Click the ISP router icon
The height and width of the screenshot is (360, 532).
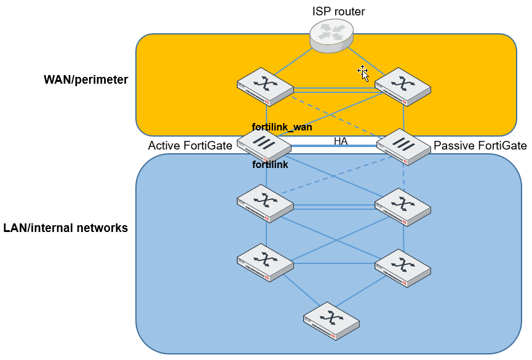coord(332,35)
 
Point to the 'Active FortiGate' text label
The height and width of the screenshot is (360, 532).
coord(190,146)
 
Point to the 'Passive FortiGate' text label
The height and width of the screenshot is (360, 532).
coord(480,146)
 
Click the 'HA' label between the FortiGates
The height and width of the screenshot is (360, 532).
coord(341,141)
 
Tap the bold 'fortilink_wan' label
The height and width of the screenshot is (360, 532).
coord(282,127)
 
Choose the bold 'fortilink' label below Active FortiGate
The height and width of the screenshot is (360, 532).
coord(270,165)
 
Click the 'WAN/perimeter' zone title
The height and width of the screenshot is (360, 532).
coord(85,80)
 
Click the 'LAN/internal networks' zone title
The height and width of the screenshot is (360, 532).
coord(66,228)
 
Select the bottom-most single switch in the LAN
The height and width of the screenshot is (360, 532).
coord(332,321)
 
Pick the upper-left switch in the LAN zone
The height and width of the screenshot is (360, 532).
coord(266,204)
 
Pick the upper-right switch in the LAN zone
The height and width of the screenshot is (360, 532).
coord(403,204)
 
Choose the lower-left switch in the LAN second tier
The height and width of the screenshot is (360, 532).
coord(266,263)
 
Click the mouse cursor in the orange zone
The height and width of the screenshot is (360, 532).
coord(363,73)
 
